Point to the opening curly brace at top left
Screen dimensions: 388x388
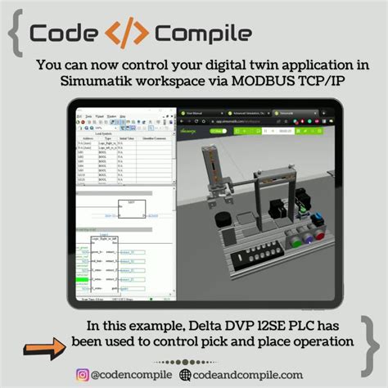coord(14,34)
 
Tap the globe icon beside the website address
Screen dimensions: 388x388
coord(187,375)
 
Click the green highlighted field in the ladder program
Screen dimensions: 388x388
coord(81,279)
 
